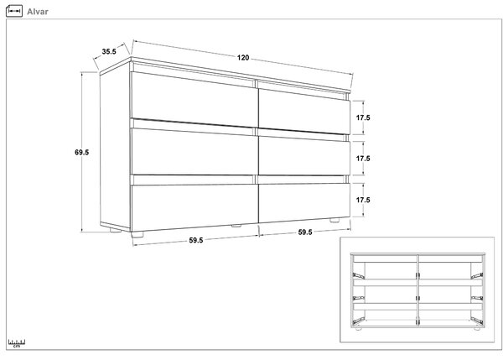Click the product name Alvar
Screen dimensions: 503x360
38,12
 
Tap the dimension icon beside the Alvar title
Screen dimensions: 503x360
14,11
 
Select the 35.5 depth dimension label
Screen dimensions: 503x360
109,51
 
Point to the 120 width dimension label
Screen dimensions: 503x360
243,58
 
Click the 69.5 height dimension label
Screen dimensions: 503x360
82,152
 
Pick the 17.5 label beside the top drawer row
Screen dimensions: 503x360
363,117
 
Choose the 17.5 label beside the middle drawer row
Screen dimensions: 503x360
363,159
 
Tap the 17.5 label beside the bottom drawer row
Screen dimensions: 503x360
363,200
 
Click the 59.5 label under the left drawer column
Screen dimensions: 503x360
195,240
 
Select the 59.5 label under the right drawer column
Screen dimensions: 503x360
305,232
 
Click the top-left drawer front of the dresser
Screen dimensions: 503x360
194,99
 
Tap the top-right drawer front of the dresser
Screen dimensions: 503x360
304,111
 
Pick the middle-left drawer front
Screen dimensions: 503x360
194,152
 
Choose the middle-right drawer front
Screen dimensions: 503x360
304,156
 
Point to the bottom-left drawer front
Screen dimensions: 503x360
194,206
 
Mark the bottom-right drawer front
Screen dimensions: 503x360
304,201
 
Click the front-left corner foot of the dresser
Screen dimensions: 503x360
137,234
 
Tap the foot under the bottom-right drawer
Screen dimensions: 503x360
334,221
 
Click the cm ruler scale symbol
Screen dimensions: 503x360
17,343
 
